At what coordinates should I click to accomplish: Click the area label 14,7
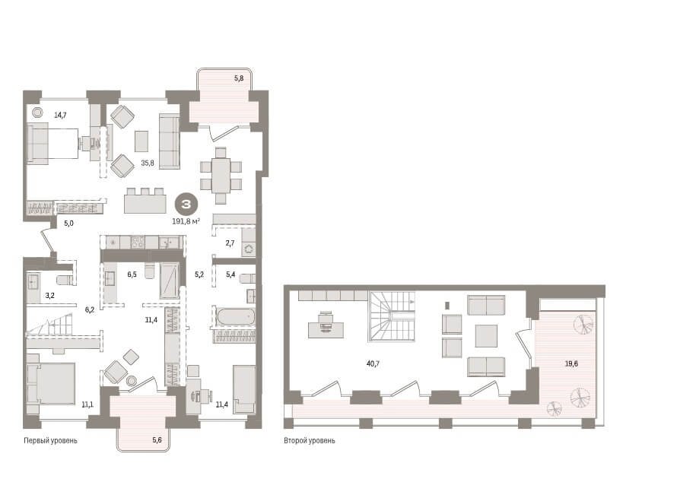tap(60, 116)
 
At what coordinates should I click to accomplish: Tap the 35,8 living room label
tap(148, 163)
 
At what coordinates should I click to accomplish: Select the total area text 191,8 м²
tap(186, 221)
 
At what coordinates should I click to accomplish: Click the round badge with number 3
tap(186, 204)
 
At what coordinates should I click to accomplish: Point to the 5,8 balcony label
tap(239, 78)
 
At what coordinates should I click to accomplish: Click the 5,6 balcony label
tap(157, 439)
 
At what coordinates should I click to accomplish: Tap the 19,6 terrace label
tap(571, 363)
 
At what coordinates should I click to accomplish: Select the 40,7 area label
tap(373, 363)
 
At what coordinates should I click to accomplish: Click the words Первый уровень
tap(50, 440)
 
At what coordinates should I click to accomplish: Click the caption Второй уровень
tap(310, 440)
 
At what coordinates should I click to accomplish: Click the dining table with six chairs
tap(221, 175)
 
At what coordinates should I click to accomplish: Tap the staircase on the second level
tap(392, 316)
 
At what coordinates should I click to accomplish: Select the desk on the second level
tap(326, 327)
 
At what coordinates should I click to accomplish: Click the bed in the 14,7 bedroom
tap(52, 143)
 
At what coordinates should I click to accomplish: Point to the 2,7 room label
tap(230, 243)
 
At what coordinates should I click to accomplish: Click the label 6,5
tap(132, 274)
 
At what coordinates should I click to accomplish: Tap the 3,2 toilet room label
tap(50, 296)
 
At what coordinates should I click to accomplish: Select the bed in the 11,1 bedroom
tap(51, 379)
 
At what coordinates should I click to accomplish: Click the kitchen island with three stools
tap(145, 201)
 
